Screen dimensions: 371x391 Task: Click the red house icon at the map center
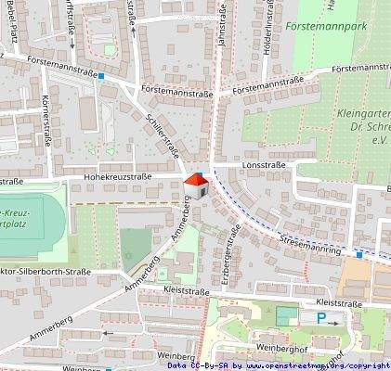(195, 184)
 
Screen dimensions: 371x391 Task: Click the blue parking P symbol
(321, 319)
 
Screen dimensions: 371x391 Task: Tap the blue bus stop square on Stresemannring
(359, 252)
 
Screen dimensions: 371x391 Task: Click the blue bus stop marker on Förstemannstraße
(100, 77)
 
